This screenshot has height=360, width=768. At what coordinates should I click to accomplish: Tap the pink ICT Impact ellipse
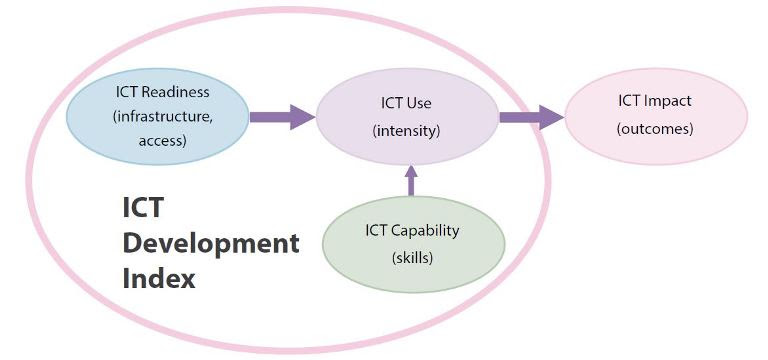pos(654,114)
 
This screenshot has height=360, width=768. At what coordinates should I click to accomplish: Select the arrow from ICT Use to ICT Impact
pos(531,117)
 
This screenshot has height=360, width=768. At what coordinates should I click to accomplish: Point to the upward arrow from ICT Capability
pos(411,180)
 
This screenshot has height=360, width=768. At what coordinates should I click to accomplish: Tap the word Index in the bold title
pos(158,277)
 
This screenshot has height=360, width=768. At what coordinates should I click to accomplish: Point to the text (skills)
pos(411,257)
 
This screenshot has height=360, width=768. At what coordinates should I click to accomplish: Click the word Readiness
pos(176,92)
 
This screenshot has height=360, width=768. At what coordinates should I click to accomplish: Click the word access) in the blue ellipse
pos(162,140)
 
